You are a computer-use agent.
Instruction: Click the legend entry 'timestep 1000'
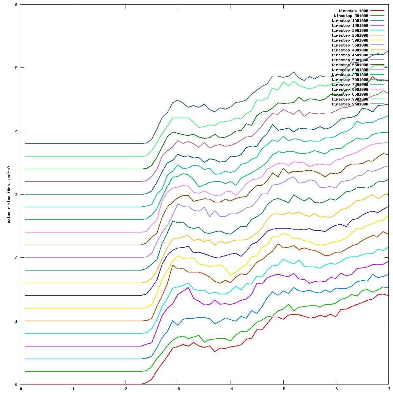(x=353, y=11)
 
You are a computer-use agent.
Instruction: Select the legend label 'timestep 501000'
(x=351, y=16)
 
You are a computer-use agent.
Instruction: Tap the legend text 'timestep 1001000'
(x=350, y=21)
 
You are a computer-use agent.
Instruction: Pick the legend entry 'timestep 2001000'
(x=350, y=30)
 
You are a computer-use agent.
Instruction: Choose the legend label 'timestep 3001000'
(x=350, y=40)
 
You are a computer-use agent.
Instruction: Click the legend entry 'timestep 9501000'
(x=350, y=104)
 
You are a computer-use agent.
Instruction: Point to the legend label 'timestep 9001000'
(x=350, y=99)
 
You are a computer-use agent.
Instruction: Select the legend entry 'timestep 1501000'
(x=350, y=26)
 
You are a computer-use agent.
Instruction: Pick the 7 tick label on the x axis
(x=389, y=389)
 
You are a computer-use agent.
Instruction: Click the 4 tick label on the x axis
(x=231, y=389)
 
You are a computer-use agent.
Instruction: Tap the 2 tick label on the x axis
(x=126, y=389)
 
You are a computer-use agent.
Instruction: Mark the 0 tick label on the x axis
(x=21, y=389)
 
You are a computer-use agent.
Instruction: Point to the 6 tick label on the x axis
(x=336, y=389)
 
